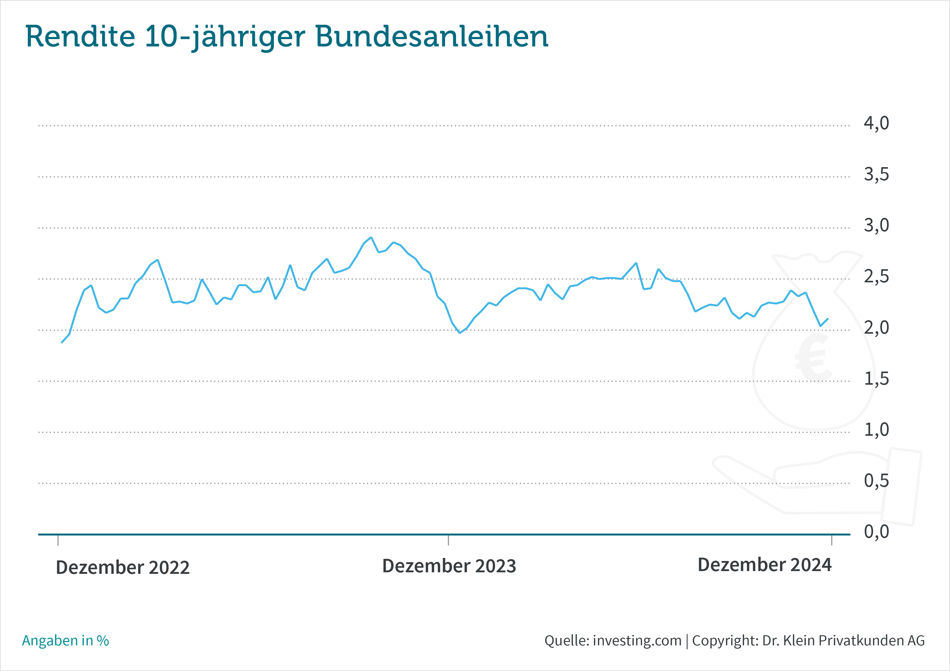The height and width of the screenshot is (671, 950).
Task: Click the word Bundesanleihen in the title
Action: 432,37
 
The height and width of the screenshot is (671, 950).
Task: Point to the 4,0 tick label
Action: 876,123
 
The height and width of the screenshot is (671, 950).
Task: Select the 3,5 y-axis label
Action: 876,174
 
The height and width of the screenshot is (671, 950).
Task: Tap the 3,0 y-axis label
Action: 876,226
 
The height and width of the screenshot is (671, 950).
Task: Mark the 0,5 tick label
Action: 876,481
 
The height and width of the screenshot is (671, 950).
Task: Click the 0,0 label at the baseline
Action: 876,532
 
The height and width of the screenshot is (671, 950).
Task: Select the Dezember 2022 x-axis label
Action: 123,567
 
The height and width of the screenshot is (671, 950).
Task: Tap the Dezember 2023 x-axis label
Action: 449,566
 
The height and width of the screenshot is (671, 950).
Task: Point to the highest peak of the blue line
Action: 371,237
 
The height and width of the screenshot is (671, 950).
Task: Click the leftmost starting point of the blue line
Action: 62,343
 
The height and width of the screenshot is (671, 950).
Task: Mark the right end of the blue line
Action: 827,318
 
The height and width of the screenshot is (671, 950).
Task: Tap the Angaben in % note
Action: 65,640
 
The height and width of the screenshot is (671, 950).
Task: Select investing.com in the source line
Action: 637,640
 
